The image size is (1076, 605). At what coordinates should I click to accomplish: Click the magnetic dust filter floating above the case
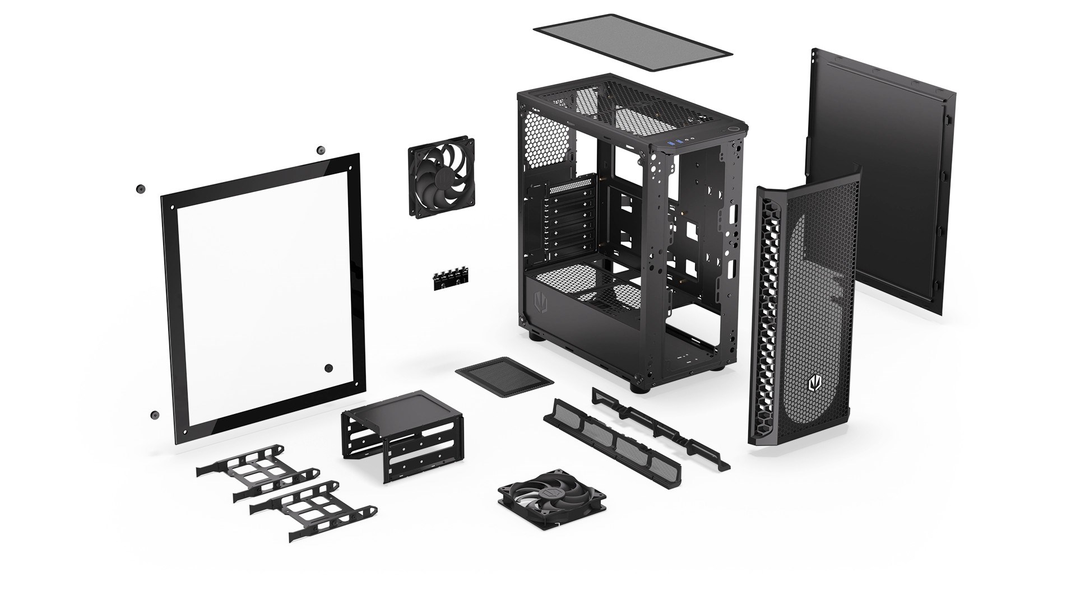(x=632, y=42)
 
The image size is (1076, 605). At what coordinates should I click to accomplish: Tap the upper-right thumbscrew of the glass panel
(x=321, y=150)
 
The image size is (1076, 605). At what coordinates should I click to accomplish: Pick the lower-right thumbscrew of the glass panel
(x=329, y=368)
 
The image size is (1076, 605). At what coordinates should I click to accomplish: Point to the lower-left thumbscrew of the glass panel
(x=154, y=415)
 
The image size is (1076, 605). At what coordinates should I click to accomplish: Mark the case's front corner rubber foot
(x=638, y=387)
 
